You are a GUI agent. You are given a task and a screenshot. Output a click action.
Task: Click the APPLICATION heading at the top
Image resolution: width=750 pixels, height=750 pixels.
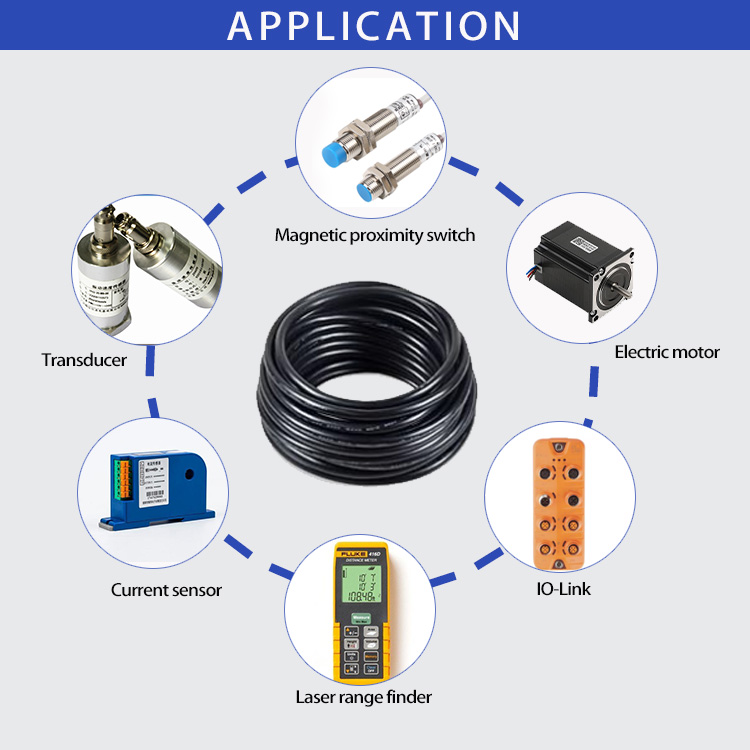tap(374, 25)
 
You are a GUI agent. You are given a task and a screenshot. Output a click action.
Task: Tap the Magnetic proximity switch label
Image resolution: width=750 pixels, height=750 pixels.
tap(375, 236)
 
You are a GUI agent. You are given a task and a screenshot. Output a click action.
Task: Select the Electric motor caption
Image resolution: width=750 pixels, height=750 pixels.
tap(666, 352)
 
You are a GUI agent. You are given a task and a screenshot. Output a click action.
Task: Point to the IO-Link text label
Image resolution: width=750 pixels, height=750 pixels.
tap(563, 588)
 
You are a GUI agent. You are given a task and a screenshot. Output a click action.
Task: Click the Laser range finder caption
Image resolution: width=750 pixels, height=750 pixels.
tap(364, 697)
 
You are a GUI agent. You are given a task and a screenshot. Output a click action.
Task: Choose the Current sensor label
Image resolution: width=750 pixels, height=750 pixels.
tap(166, 590)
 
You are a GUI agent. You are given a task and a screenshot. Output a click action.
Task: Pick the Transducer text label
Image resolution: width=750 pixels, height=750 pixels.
tap(84, 360)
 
